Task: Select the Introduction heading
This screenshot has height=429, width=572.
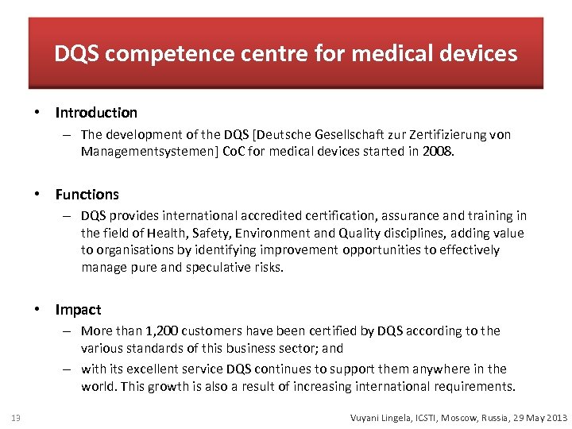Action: point(96,113)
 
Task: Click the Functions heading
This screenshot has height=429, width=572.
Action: point(87,195)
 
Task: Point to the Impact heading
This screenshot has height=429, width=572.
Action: point(79,310)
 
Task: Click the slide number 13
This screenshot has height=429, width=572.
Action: point(16,418)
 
